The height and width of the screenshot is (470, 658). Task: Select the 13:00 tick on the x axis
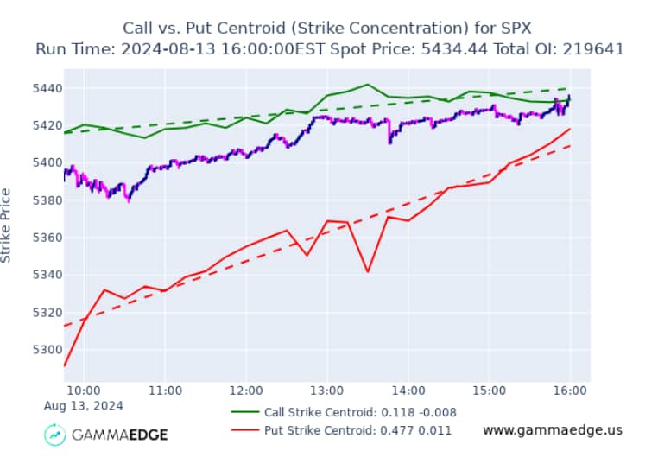[327, 390]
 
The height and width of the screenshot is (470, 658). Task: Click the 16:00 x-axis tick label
[571, 390]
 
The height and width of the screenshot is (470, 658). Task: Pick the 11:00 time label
[165, 390]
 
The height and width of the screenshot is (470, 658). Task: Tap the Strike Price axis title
[7, 225]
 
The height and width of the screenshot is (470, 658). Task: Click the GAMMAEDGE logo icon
[56, 434]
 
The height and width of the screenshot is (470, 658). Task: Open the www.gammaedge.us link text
[552, 429]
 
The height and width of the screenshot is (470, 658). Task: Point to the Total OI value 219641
[593, 48]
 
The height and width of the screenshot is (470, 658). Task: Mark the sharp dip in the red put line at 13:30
[368, 272]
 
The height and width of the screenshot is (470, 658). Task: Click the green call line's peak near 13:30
[368, 85]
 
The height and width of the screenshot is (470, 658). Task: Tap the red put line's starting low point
[64, 366]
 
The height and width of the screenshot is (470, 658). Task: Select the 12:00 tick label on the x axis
[246, 390]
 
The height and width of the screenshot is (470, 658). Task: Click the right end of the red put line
[570, 129]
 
